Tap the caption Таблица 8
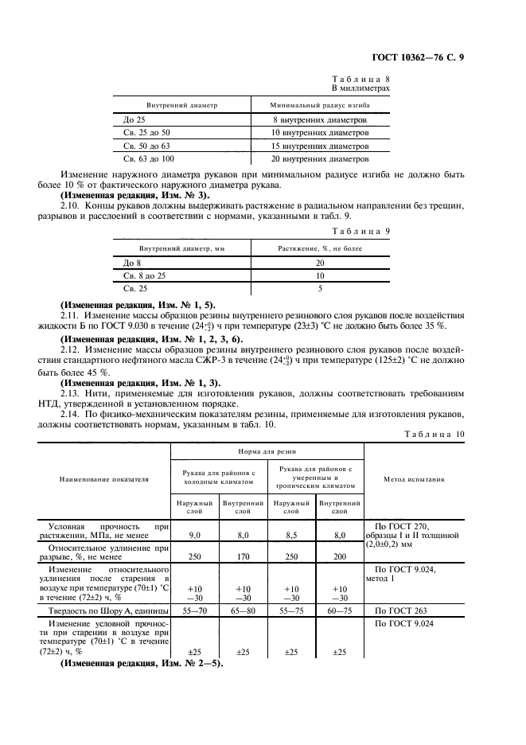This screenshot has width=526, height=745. pos(360,80)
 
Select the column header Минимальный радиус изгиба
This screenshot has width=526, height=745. pos(319,104)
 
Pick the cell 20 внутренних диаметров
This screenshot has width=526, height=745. pos(319,160)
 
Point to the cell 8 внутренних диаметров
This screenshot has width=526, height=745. pos(319,119)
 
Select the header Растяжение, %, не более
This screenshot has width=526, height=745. pos(319,248)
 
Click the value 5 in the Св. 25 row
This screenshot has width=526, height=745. pos(319,289)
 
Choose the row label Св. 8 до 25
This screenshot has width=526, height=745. pos(144,275)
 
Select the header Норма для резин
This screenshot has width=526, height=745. pos(267,450)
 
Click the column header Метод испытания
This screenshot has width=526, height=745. pos(414,479)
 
